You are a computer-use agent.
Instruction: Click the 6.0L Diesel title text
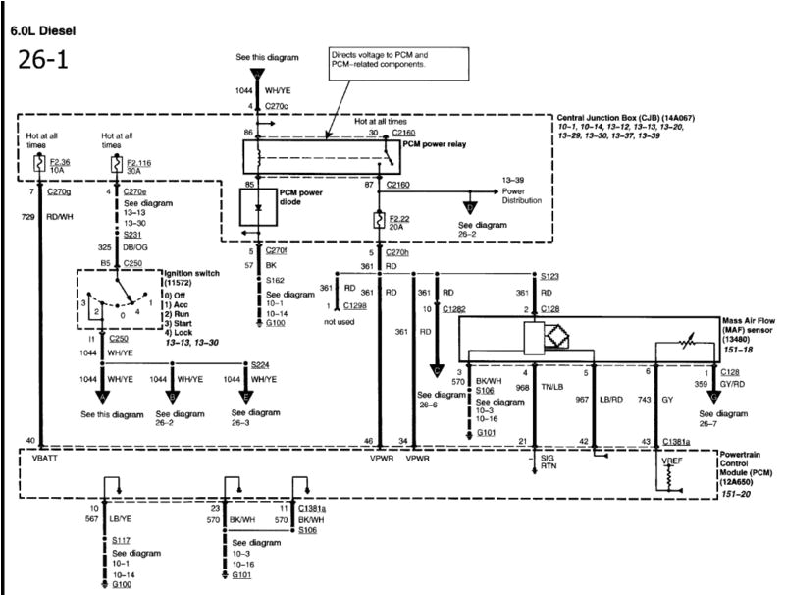44,30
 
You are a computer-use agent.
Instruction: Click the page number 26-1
42,61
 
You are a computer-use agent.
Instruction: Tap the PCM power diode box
260,209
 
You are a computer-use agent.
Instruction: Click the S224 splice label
259,361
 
